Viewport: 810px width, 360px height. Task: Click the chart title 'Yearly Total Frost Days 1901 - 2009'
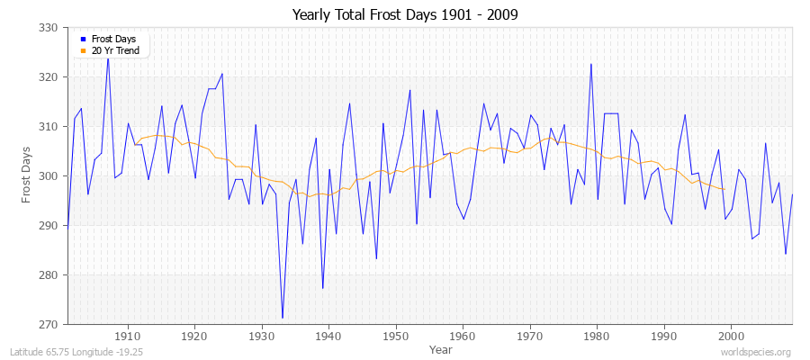point(404,15)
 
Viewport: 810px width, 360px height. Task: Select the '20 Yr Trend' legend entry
point(113,51)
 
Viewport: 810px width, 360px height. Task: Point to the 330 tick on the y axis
point(50,28)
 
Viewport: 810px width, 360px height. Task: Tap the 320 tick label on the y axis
point(50,77)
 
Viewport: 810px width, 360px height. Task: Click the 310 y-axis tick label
point(50,127)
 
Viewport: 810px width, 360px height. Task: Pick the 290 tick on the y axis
point(50,226)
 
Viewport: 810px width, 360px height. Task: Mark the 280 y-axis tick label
point(50,275)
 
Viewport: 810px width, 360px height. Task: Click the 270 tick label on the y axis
point(50,324)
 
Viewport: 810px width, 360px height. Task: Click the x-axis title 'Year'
point(441,348)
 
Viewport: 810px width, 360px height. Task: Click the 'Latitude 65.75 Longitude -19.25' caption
point(76,352)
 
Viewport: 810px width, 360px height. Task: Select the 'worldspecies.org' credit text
point(756,352)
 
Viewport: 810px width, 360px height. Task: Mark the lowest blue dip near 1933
point(282,318)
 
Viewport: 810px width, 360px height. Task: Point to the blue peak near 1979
point(590,64)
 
